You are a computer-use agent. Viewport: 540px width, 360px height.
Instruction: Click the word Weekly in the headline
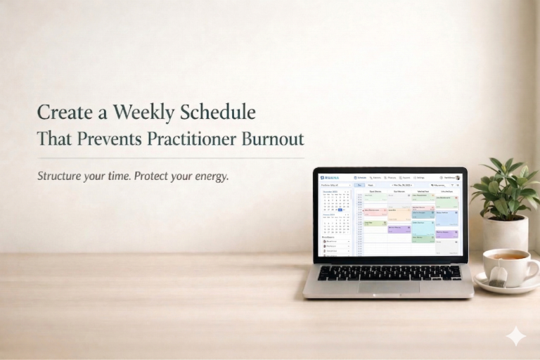(x=142, y=112)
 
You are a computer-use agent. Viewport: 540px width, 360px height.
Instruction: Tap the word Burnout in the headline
(x=270, y=139)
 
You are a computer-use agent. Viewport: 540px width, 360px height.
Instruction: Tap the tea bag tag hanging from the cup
(x=498, y=276)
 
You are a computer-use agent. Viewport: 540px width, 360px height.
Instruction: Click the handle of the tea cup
(x=532, y=267)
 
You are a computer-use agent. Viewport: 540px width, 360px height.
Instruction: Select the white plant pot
(x=505, y=233)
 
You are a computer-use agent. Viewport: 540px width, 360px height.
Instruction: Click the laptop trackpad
(x=388, y=287)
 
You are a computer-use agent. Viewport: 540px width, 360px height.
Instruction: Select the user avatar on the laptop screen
(x=458, y=178)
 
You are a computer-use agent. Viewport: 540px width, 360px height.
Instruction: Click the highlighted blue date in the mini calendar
(x=340, y=210)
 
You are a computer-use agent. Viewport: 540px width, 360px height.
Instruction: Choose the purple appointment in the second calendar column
(x=399, y=229)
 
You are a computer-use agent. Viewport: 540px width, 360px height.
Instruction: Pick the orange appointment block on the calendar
(x=399, y=212)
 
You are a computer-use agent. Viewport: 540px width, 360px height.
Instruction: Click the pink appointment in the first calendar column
(x=375, y=210)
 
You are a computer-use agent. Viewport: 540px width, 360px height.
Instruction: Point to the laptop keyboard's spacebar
(x=386, y=278)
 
